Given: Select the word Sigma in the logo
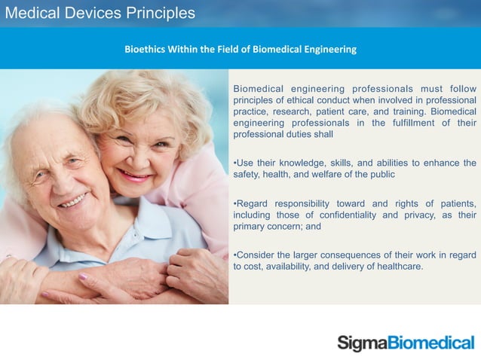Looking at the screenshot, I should [x=362, y=343].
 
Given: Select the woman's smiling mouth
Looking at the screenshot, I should [x=135, y=175].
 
